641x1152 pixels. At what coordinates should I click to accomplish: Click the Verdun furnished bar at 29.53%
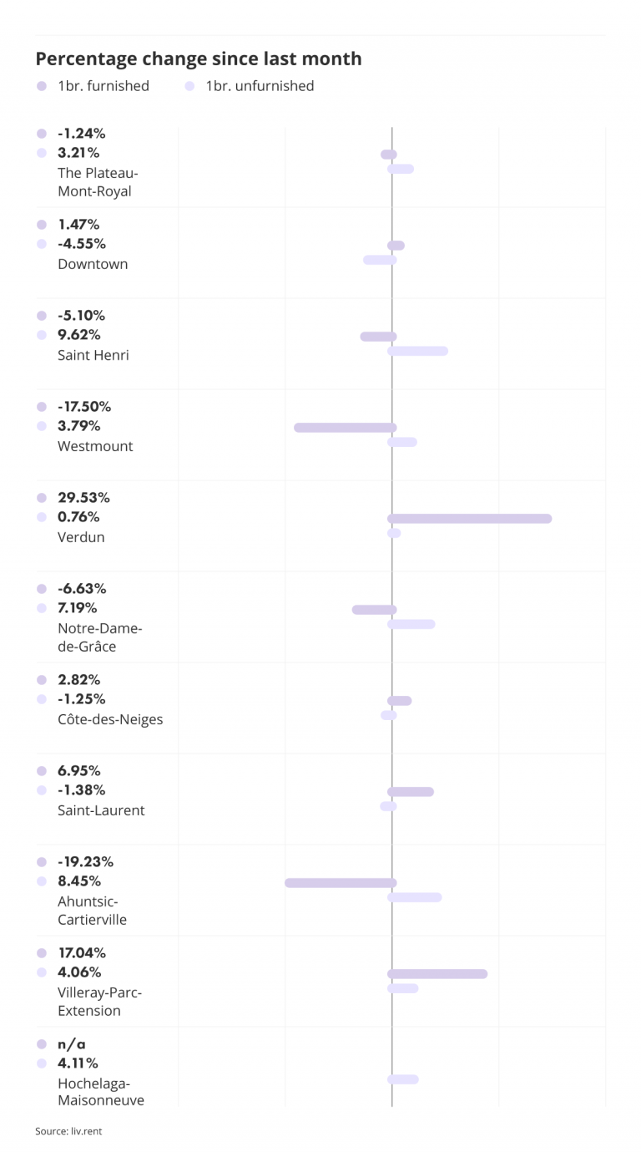point(469,519)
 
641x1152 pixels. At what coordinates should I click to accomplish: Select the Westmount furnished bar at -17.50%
point(345,428)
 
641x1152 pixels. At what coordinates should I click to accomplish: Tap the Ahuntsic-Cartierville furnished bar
point(341,883)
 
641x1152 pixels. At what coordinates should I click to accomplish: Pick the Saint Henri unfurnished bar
point(417,351)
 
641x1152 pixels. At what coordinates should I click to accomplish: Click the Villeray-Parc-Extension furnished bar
point(437,974)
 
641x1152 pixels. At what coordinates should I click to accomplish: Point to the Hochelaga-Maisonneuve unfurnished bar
point(402,1079)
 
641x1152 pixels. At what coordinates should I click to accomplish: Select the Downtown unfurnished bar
point(380,260)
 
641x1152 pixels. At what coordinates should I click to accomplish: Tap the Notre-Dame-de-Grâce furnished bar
point(374,610)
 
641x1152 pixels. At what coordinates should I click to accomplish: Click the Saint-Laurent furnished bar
point(410,792)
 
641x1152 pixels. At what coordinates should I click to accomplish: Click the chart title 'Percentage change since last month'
point(199,58)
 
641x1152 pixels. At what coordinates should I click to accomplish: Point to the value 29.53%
point(83,498)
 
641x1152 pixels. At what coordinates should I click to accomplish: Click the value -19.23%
point(85,862)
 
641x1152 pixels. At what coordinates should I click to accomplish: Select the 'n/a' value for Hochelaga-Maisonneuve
point(72,1044)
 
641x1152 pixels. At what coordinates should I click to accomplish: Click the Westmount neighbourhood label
point(95,446)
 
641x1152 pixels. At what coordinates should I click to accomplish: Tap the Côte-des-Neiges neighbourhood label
point(110,719)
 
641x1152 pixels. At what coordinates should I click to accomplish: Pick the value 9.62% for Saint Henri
point(79,335)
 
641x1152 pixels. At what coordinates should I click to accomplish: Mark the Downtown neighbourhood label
point(93,264)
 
